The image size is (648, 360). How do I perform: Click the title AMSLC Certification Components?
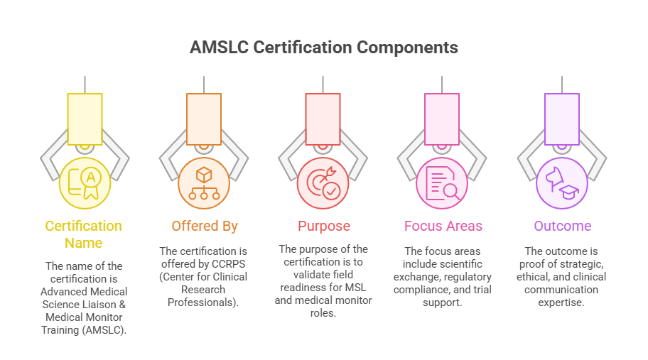point(323,48)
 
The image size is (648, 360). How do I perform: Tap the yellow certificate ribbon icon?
point(85,183)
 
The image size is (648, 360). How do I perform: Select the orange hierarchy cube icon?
point(204,183)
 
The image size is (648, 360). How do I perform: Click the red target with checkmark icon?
point(323,183)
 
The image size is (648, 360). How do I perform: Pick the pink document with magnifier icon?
point(442,183)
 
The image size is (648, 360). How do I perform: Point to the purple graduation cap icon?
point(561,183)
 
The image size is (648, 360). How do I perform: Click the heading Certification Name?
point(84,234)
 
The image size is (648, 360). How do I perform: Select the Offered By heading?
point(204,227)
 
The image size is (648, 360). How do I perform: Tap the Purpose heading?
point(323,227)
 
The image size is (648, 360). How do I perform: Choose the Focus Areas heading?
point(443,227)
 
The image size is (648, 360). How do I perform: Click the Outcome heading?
point(562,227)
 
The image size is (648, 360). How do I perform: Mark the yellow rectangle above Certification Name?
point(85,119)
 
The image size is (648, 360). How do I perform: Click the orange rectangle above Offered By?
point(204,119)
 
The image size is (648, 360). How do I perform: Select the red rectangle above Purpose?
point(323,119)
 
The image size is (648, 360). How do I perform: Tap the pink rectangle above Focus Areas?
point(442,119)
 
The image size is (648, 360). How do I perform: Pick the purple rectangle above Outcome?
point(561,119)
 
